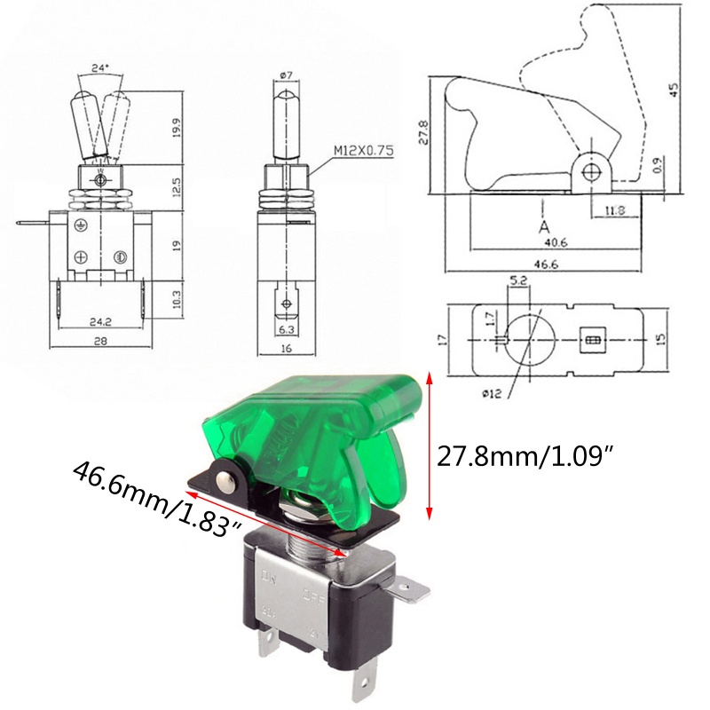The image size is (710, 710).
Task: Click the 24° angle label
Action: (99, 67)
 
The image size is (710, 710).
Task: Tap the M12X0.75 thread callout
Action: (364, 150)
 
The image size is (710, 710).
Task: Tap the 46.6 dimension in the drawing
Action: (545, 264)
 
